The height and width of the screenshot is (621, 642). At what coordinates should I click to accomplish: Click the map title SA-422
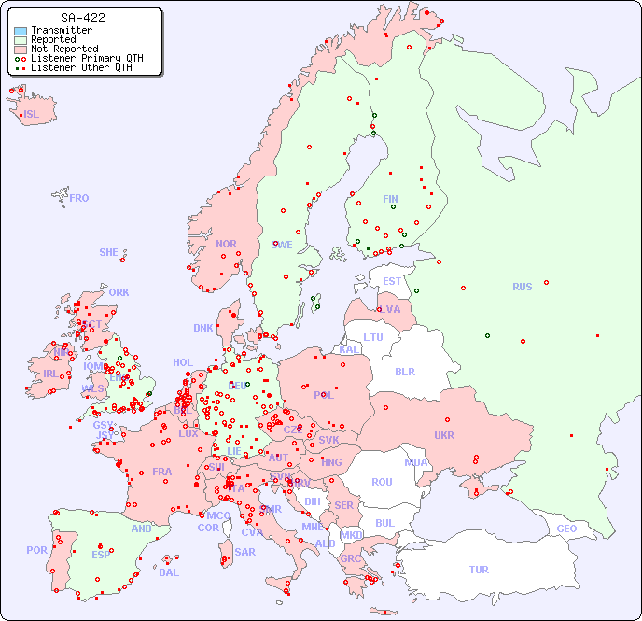[82, 18]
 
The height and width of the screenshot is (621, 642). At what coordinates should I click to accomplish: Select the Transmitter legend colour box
[21, 30]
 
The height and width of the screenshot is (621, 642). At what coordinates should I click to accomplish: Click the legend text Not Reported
[64, 49]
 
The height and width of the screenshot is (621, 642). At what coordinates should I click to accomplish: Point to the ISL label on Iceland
[32, 115]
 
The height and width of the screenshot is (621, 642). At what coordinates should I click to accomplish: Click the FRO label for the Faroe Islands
[79, 198]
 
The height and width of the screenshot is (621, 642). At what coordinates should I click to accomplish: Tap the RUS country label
[522, 287]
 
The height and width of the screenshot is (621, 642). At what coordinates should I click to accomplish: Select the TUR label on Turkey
[479, 570]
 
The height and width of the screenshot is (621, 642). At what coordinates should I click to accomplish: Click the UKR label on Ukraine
[444, 435]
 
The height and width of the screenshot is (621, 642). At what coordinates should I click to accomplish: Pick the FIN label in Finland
[390, 199]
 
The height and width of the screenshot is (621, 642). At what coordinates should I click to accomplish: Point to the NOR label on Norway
[226, 244]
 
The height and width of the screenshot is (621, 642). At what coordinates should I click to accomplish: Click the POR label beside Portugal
[36, 550]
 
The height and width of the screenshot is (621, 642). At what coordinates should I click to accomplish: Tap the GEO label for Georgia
[566, 529]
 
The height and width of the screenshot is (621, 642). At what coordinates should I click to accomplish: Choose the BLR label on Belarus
[405, 371]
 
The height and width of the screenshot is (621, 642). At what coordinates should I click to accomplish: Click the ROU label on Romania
[382, 482]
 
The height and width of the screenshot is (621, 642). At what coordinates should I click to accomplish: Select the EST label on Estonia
[392, 281]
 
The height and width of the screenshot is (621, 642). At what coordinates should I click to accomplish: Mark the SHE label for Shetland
[109, 252]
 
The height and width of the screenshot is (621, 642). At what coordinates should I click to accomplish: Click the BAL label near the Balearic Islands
[169, 572]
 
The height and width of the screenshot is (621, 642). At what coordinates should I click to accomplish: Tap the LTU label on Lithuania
[373, 337]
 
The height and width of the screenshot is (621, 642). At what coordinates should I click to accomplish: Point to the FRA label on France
[162, 472]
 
